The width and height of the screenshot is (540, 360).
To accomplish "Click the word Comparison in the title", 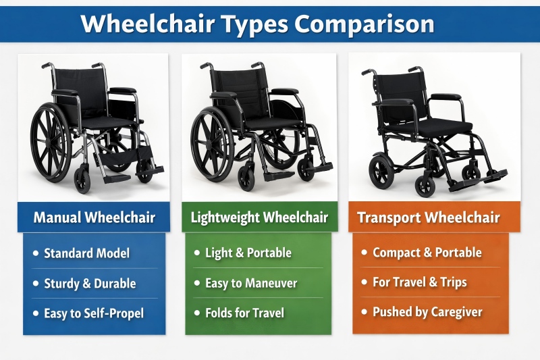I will tap(364, 24).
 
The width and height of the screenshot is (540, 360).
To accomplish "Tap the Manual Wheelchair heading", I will tap(94, 217).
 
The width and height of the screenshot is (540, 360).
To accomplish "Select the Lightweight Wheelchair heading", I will tap(259, 217).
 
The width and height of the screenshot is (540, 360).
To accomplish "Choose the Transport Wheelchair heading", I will tap(428, 217).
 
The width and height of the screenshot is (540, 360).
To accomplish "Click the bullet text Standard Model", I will tap(86, 254).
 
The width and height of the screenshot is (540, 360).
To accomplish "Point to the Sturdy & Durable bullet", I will tap(90, 284).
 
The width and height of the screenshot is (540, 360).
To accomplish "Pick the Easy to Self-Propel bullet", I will tap(94, 313).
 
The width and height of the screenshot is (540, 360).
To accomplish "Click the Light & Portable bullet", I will tap(248, 253).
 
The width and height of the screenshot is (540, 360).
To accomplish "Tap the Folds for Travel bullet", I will tap(244, 313).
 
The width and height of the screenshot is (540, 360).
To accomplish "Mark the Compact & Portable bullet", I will tap(427, 253).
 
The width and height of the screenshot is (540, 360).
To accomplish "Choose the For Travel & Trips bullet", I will tap(420, 282).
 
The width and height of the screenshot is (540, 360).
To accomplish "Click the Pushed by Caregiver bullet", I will tap(427, 312).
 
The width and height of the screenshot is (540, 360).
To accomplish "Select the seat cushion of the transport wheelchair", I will tap(432, 126).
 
